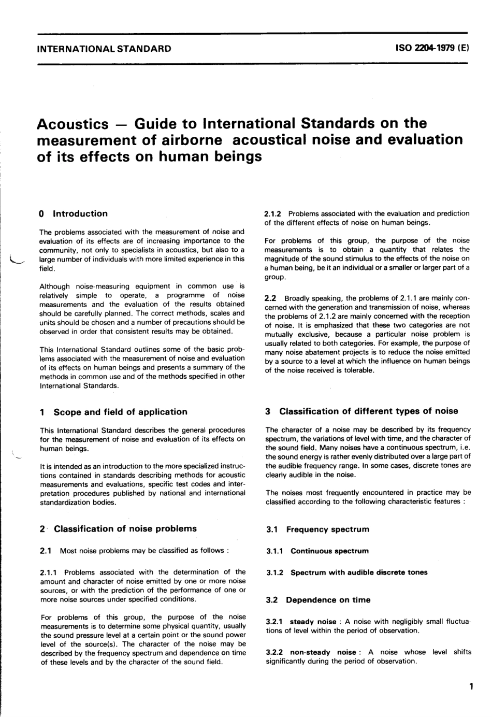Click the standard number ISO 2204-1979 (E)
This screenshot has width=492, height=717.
pyautogui.click(x=432, y=49)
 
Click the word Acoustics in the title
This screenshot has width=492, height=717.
pyautogui.click(x=73, y=124)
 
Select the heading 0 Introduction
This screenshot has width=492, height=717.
pyautogui.click(x=74, y=213)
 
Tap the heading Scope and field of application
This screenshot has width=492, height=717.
pyautogui.click(x=120, y=412)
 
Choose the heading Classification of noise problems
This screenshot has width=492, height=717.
pyautogui.click(x=125, y=528)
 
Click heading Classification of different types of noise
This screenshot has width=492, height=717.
pyautogui.click(x=368, y=411)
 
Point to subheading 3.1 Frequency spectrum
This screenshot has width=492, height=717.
pyautogui.click(x=317, y=529)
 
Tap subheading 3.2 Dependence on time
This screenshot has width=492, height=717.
pyautogui.click(x=318, y=600)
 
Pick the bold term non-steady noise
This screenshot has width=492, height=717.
pyautogui.click(x=323, y=652)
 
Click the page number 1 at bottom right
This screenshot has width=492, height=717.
pyautogui.click(x=471, y=687)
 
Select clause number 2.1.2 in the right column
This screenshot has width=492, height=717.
pyautogui.click(x=273, y=213)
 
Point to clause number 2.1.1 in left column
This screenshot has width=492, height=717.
pyautogui.click(x=49, y=572)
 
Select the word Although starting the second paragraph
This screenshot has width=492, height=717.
pyautogui.click(x=55, y=286)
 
